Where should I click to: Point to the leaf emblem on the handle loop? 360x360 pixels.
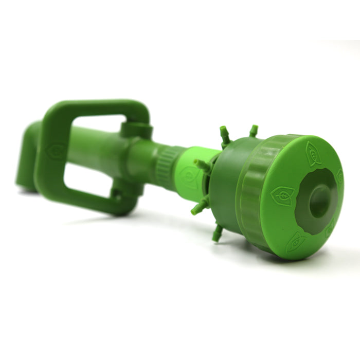coord(55,150)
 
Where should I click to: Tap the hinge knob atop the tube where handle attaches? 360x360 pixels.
coord(137,129)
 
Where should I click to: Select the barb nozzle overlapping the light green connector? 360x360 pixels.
coord(202,165)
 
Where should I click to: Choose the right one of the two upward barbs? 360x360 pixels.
coord(253,131)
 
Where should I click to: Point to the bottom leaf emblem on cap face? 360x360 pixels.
coord(296,240)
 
